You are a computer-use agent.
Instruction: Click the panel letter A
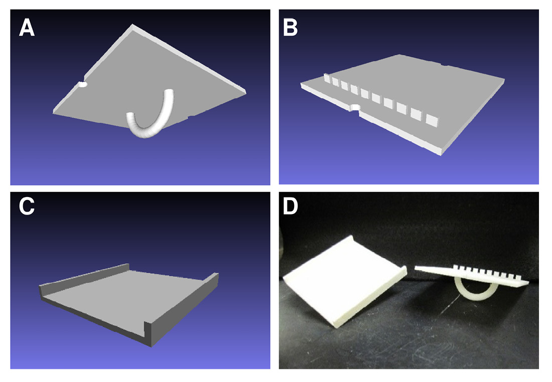point(27,28)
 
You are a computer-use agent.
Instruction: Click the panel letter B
point(291,28)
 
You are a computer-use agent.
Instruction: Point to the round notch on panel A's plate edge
point(83,85)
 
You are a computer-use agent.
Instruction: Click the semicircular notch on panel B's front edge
point(355,107)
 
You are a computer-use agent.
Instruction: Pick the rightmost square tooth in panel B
point(432,120)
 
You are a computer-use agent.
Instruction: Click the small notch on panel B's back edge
point(444,66)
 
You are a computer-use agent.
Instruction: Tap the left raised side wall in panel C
point(84,278)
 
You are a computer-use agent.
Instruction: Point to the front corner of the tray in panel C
point(152,346)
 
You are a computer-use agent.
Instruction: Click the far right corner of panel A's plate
point(246,93)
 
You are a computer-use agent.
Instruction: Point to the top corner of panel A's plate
point(132,25)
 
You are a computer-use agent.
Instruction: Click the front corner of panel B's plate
point(440,153)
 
